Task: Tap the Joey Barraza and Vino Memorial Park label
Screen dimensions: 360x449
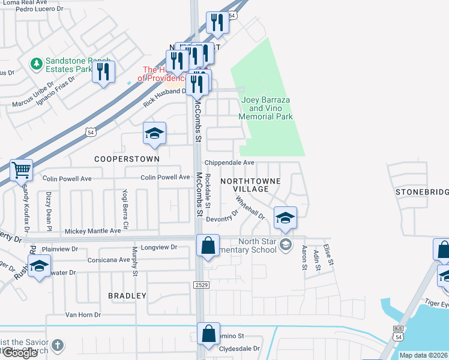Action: click(x=267, y=108)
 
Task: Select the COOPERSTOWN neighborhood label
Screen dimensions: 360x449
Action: click(x=127, y=159)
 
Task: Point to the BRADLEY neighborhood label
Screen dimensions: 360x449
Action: click(x=127, y=296)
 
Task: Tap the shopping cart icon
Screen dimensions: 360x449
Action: click(x=21, y=170)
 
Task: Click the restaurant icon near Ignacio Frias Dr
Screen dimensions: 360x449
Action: click(x=104, y=72)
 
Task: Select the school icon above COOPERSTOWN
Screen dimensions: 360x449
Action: click(x=154, y=134)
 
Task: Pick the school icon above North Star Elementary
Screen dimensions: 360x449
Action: click(x=285, y=218)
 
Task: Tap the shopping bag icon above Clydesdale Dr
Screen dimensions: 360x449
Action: click(x=208, y=334)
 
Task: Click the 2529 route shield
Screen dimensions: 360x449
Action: click(x=201, y=284)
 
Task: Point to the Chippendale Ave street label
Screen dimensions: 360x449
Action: click(x=229, y=163)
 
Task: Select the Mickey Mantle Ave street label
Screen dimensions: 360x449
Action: click(x=92, y=231)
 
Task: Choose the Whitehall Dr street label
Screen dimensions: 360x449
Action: click(x=250, y=208)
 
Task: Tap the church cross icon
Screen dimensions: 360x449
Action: click(x=57, y=345)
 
